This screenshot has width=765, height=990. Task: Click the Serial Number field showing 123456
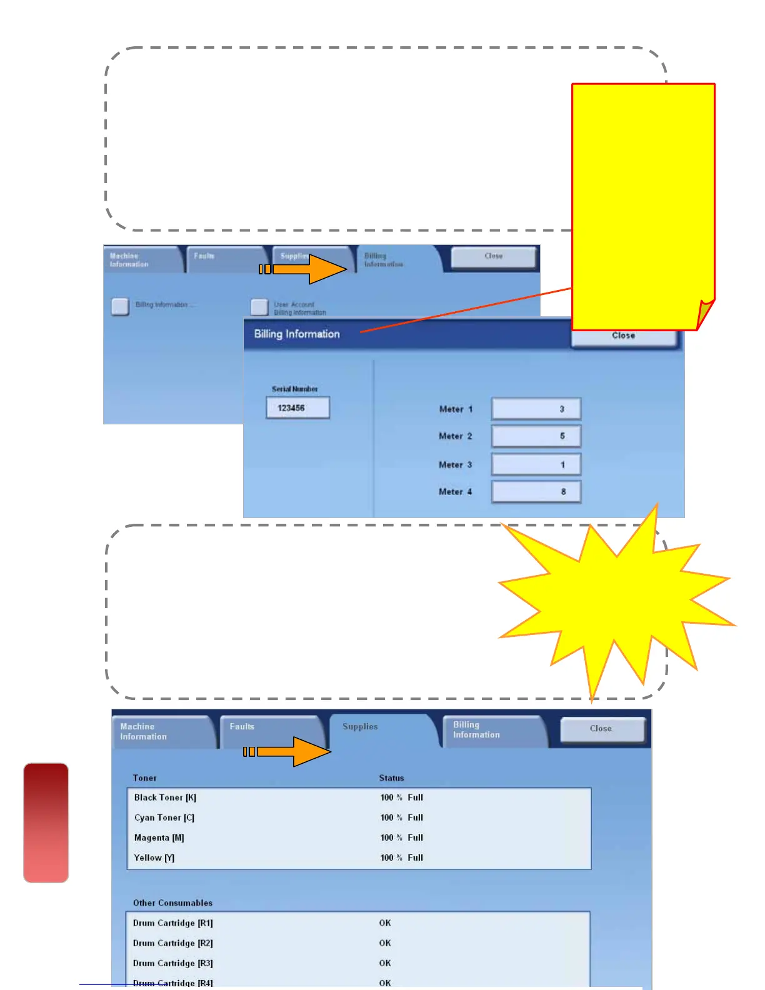[297, 408]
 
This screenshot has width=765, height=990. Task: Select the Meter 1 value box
[536, 409]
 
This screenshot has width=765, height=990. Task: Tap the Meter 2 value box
[536, 436]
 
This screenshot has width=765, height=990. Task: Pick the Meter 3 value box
[536, 464]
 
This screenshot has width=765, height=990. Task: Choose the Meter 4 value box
[536, 492]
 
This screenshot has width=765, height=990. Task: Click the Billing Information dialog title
[297, 334]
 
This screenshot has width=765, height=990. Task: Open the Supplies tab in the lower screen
[360, 727]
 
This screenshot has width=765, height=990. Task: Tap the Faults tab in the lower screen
[242, 727]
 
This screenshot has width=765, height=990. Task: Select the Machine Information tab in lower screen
[144, 732]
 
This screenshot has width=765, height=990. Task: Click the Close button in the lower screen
[601, 729]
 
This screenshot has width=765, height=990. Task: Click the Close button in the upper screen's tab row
[493, 256]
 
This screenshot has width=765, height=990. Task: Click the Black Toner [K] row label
[165, 797]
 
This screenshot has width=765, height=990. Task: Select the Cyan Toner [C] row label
[164, 817]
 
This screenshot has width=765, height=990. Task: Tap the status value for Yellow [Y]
[401, 858]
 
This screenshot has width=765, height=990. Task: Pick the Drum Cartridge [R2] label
[172, 943]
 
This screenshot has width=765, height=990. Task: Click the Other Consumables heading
[172, 903]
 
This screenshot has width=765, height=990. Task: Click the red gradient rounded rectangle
[46, 822]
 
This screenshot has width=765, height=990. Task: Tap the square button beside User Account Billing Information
[259, 307]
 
